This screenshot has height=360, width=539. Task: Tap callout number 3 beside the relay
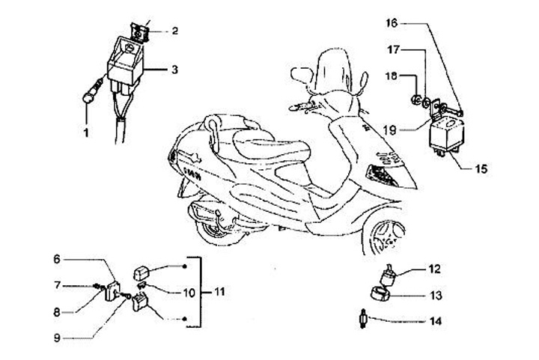pos(174,70)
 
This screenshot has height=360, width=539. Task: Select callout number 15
pos(480,169)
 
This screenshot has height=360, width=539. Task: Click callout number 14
pos(435,323)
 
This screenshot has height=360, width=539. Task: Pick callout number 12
pos(434,268)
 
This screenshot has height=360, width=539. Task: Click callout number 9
pos(56,338)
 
